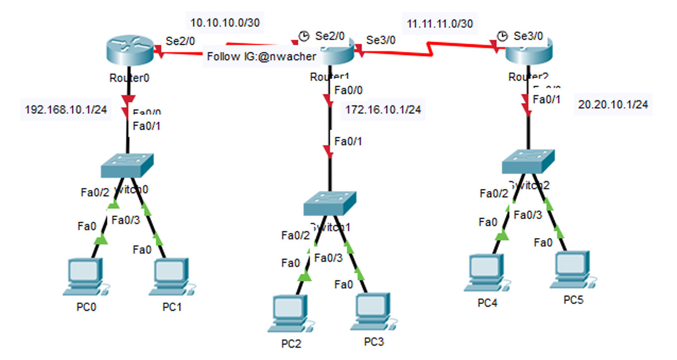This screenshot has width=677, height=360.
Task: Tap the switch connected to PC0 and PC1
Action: click(128, 166)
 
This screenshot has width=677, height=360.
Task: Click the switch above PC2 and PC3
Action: click(330, 203)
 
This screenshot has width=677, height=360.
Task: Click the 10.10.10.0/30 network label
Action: click(225, 22)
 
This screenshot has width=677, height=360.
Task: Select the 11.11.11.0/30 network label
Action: click(439, 24)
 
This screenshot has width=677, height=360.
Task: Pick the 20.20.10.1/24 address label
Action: click(613, 105)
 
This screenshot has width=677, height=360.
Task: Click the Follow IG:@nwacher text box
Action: click(261, 57)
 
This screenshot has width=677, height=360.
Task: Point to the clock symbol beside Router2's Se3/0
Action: click(503, 36)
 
